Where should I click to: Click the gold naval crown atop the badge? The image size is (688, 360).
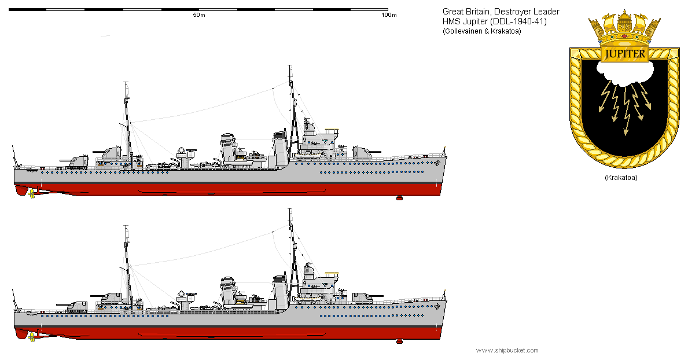[624, 30]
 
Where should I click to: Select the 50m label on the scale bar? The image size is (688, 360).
[198, 15]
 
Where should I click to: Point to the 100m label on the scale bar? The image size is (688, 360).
[389, 15]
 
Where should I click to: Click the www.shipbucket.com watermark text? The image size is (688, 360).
[507, 350]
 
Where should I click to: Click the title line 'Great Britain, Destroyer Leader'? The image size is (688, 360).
[501, 12]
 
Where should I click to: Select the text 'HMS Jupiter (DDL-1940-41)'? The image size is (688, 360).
[495, 21]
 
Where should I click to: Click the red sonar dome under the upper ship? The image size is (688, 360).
[399, 198]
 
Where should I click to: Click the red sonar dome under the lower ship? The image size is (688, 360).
[399, 341]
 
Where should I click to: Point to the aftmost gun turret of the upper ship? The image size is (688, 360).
[73, 160]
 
